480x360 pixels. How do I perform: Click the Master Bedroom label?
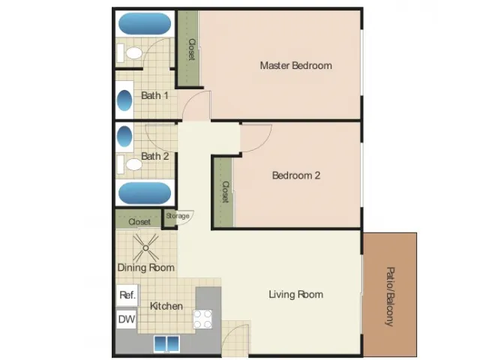296,65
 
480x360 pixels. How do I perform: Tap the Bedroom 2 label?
296,175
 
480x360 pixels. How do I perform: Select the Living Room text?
296,295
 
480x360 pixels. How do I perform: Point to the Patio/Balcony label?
390,297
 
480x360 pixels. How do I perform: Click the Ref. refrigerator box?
127,295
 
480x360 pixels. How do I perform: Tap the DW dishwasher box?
127,319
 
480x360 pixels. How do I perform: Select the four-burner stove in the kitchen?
202,319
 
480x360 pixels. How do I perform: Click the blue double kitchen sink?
166,343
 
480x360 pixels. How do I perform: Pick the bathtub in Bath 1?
145,23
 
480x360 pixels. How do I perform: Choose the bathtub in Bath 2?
145,193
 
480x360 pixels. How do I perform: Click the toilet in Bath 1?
130,53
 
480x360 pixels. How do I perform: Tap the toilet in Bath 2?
130,164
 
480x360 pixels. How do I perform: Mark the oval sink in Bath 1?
124,100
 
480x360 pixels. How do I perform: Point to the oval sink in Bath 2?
124,136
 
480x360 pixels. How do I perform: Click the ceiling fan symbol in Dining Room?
145,248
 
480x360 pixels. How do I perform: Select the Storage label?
178,216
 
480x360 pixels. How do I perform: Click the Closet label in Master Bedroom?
192,49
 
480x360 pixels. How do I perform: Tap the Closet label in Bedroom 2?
225,192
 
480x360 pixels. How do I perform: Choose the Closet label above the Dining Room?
139,222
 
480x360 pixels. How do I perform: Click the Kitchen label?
166,306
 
